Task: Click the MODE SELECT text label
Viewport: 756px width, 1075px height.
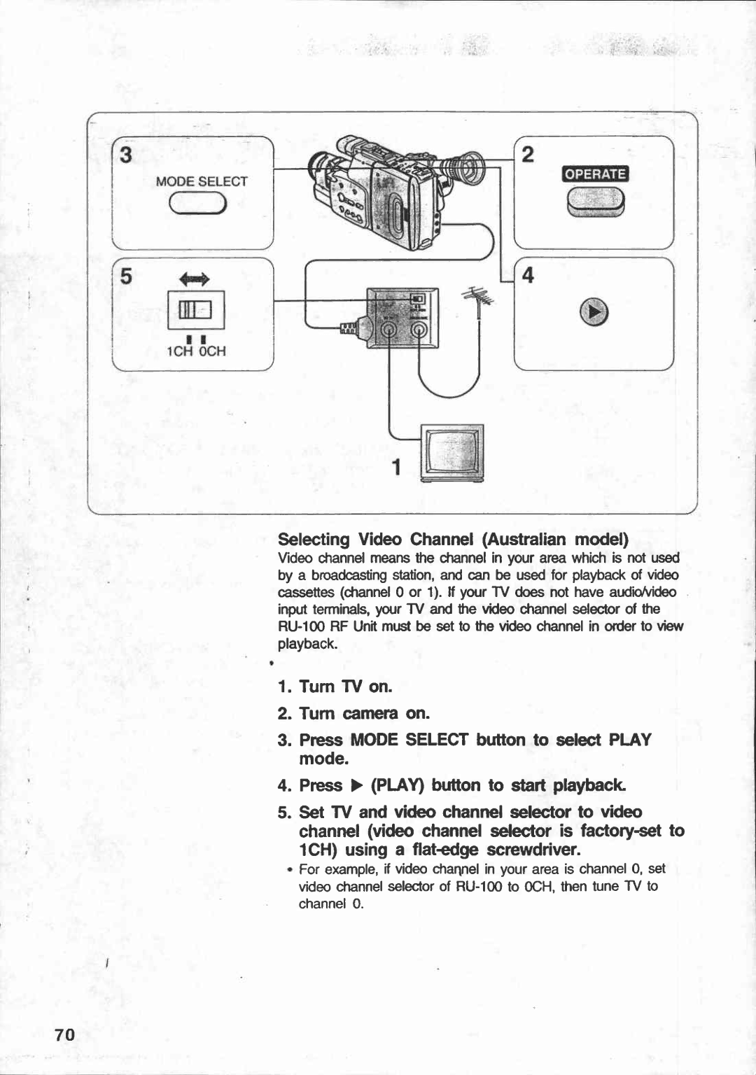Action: (202, 181)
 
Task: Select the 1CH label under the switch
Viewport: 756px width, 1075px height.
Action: (177, 351)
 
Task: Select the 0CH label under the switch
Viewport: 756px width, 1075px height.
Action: (212, 351)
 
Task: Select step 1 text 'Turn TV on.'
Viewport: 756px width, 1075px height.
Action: (335, 687)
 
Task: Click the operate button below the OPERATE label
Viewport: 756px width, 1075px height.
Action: (596, 204)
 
